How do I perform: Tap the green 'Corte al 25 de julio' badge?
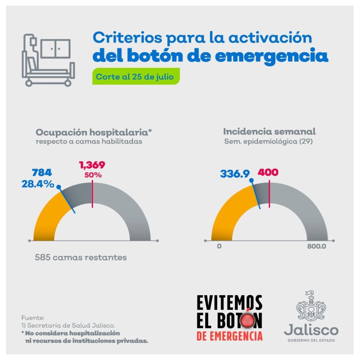click(136, 77)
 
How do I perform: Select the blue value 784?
click(42, 173)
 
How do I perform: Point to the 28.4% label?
click(38, 185)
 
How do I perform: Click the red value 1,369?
click(92, 165)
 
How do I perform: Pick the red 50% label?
click(93, 175)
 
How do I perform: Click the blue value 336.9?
click(235, 174)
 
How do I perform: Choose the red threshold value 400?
click(268, 172)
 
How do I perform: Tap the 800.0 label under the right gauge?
click(316, 247)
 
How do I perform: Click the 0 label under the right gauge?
click(219, 247)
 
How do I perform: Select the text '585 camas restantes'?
click(81, 258)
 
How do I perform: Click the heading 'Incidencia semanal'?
click(269, 131)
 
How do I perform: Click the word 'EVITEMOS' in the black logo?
click(229, 302)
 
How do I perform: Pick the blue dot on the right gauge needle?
click(251, 180)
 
